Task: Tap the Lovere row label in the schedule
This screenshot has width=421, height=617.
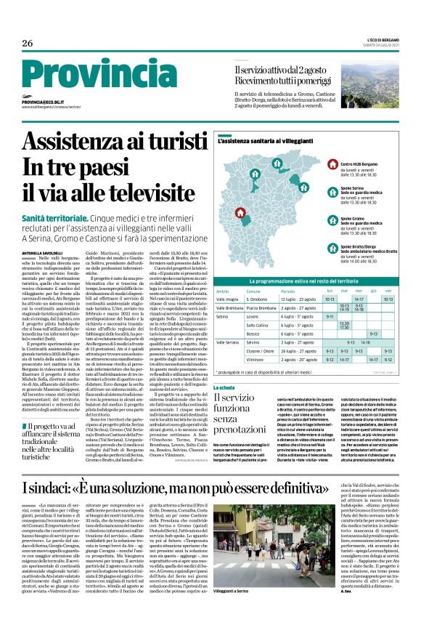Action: click(253, 316)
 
